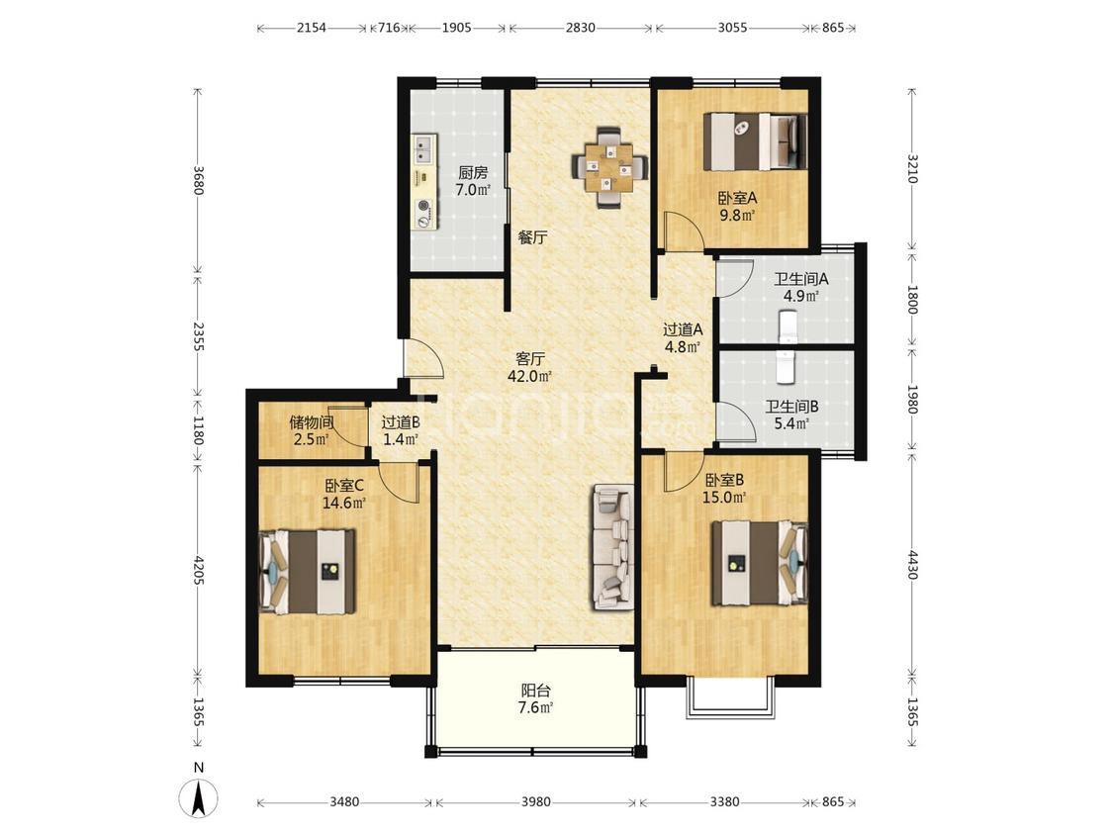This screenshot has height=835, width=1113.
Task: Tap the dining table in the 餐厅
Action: click(x=609, y=167)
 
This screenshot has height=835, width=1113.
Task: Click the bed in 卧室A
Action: click(x=755, y=141)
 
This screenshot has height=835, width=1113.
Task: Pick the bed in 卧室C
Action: click(x=308, y=571)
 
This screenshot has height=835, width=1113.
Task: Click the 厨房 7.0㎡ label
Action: click(x=473, y=181)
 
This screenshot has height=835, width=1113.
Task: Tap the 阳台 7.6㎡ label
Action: click(x=536, y=698)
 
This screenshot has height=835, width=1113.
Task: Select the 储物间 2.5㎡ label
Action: click(x=311, y=431)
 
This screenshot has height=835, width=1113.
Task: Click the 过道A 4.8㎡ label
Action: click(x=682, y=338)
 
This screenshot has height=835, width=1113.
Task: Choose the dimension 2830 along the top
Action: click(x=580, y=28)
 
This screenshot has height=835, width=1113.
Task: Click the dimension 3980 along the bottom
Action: click(x=535, y=802)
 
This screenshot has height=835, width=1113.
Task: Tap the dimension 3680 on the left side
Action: click(x=198, y=180)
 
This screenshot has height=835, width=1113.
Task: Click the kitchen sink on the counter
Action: click(x=426, y=149)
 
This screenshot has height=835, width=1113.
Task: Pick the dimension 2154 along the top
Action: click(x=311, y=28)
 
